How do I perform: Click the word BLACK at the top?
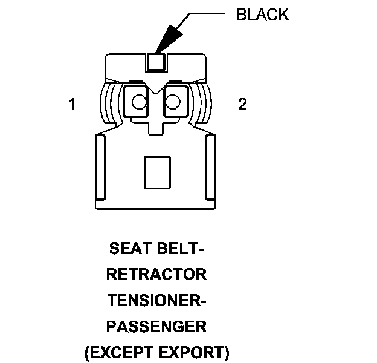[262, 15]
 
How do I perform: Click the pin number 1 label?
[72, 105]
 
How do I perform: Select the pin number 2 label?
[242, 105]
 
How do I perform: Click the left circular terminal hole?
[139, 101]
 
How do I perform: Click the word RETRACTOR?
[156, 275]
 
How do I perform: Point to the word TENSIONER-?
[156, 301]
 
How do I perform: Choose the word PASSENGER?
[156, 327]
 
